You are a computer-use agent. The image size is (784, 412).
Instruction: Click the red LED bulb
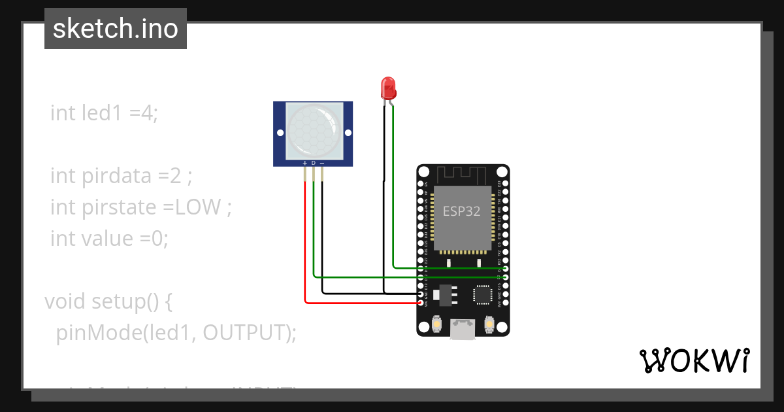[387, 87]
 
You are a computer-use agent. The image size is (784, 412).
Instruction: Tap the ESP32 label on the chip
[461, 211]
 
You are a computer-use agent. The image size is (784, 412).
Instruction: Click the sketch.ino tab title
[116, 29]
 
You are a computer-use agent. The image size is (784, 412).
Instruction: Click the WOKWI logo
[694, 360]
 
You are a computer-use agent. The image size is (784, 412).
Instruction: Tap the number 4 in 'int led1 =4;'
[147, 113]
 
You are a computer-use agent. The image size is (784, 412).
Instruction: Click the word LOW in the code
[199, 207]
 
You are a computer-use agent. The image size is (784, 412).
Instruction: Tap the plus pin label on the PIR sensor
[304, 162]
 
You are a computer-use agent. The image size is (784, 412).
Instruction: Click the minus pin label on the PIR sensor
[321, 162]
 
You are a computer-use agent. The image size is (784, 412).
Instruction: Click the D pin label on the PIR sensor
[313, 162]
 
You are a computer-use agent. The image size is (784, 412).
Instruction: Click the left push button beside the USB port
[436, 323]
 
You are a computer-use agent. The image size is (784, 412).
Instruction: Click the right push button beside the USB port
[489, 323]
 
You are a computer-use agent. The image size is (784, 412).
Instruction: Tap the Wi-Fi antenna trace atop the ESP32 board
[461, 175]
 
